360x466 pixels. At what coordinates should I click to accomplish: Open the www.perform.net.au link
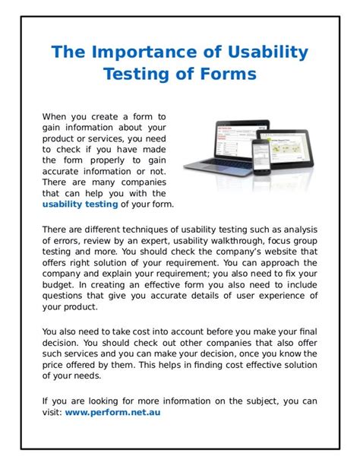point(112,412)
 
